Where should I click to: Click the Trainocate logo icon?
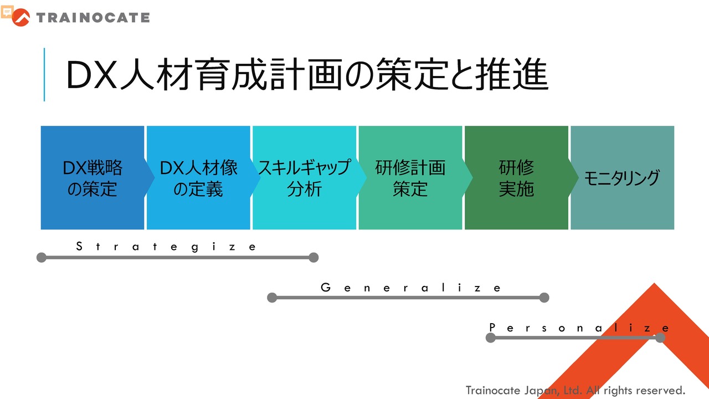click(21, 18)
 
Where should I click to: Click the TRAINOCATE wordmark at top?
click(93, 18)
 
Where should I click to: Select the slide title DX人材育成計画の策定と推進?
click(307, 75)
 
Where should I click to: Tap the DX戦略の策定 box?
click(93, 178)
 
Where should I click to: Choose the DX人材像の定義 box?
click(198, 178)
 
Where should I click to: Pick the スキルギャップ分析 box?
click(304, 178)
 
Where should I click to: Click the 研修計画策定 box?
click(410, 178)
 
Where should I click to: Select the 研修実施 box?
click(516, 178)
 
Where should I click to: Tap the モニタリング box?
click(622, 178)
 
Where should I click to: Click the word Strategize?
click(166, 247)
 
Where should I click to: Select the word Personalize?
click(579, 328)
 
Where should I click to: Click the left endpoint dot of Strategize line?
click(42, 257)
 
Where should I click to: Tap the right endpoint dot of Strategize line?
click(314, 257)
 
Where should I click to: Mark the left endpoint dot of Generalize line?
click(272, 298)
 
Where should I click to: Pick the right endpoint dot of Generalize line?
click(544, 298)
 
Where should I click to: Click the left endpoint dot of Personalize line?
click(491, 337)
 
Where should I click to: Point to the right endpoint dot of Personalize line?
click(660, 337)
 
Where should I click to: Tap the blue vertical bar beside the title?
click(44, 75)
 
